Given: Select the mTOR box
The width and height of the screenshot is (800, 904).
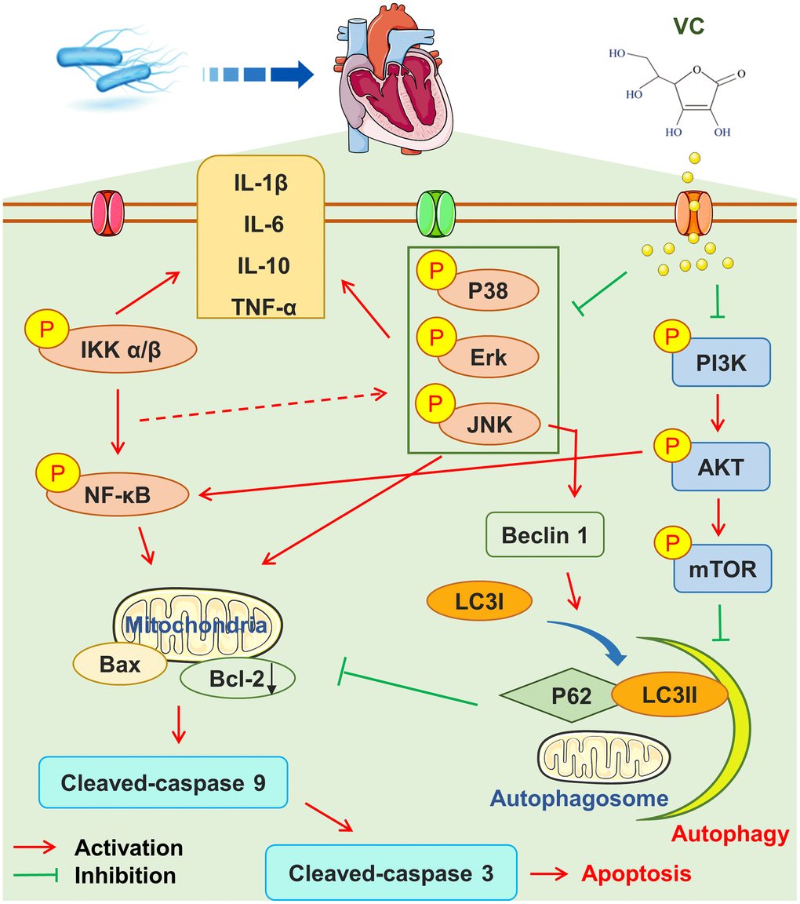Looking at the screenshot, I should pyautogui.click(x=722, y=568).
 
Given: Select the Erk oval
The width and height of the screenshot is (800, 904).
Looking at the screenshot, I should pyautogui.click(x=487, y=358).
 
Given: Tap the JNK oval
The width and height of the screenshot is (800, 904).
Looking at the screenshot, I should pyautogui.click(x=489, y=425).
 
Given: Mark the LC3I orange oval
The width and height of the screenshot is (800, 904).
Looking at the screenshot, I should pyautogui.click(x=479, y=602).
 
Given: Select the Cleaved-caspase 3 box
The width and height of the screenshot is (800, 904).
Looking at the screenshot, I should pyautogui.click(x=391, y=872).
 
